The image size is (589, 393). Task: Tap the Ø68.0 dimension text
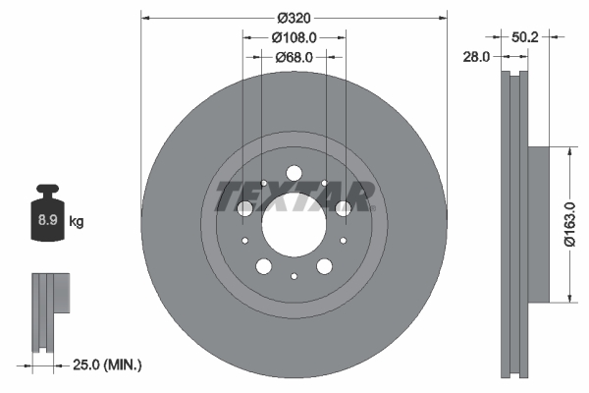click(294, 57)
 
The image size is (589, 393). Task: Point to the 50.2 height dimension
click(526, 36)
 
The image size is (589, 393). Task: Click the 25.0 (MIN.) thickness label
click(109, 365)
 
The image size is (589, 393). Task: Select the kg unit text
click(77, 222)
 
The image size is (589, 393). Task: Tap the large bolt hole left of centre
click(245, 208)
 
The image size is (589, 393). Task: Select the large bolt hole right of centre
click(343, 208)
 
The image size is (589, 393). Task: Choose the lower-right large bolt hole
click(324, 265)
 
